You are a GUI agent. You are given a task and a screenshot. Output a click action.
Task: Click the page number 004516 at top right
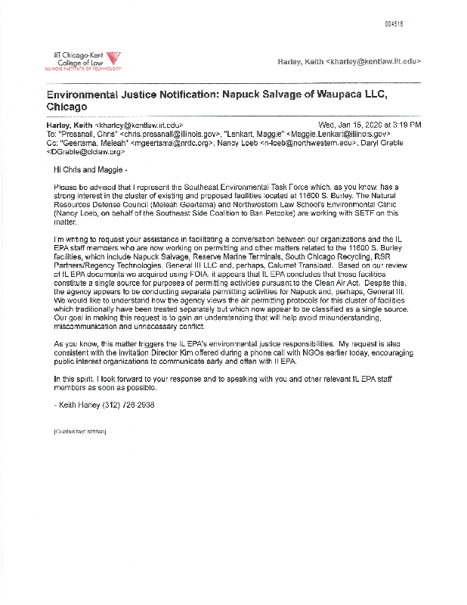(x=393, y=23)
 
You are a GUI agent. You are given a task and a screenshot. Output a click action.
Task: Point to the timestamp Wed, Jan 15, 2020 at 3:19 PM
(x=370, y=124)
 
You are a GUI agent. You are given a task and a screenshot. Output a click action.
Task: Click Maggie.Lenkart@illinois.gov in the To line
(x=336, y=132)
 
